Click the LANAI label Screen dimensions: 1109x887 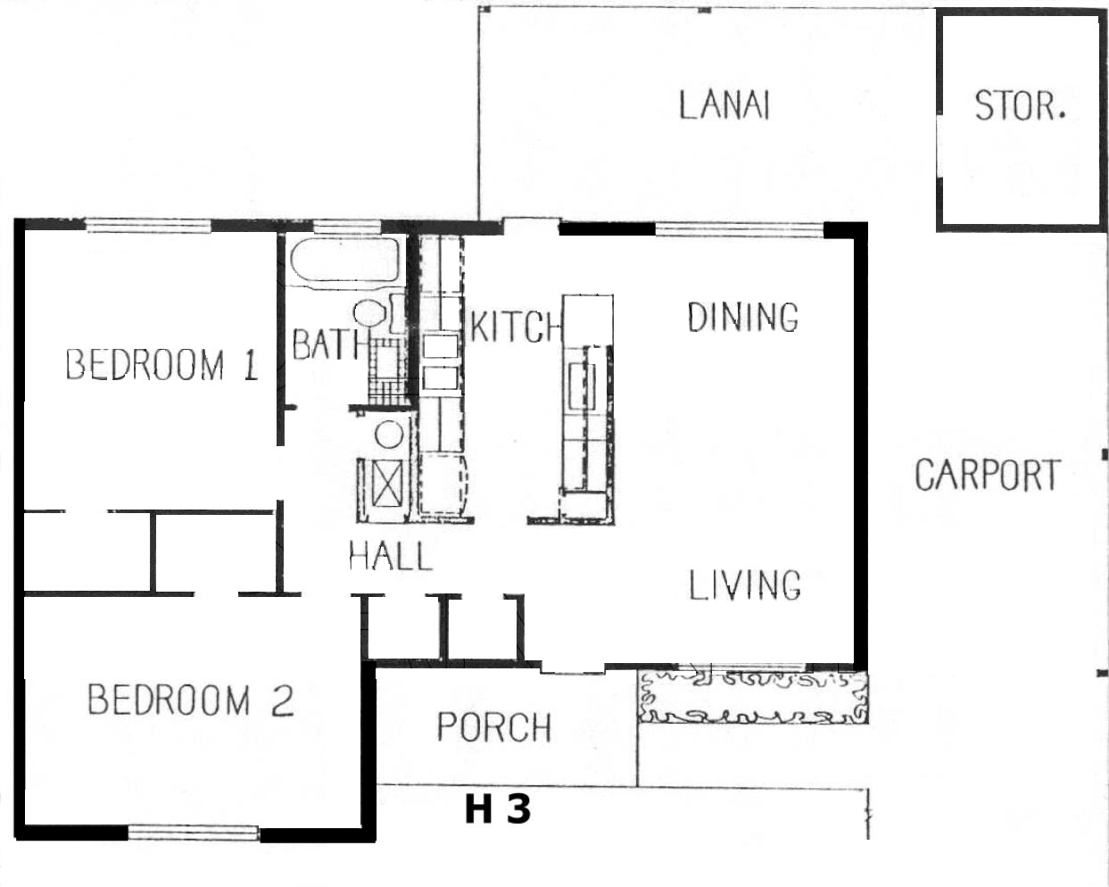pyautogui.click(x=724, y=105)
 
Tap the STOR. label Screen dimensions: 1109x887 pyautogui.click(x=1020, y=105)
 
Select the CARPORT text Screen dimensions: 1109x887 pyautogui.click(x=988, y=475)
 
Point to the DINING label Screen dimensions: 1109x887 pyautogui.click(x=743, y=317)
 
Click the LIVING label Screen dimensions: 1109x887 pyautogui.click(x=745, y=585)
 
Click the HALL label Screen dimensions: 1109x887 pyautogui.click(x=391, y=556)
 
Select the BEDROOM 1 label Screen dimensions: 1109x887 pyautogui.click(x=162, y=365)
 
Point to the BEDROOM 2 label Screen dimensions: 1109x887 pyautogui.click(x=191, y=700)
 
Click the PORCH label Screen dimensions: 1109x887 pyautogui.click(x=494, y=727)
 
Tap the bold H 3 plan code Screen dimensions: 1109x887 pyautogui.click(x=498, y=809)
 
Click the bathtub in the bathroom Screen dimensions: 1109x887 pyautogui.click(x=345, y=261)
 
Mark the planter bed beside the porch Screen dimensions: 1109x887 pyautogui.click(x=753, y=697)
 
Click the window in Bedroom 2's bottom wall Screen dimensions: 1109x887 pyautogui.click(x=194, y=833)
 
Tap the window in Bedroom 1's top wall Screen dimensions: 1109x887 pyautogui.click(x=148, y=226)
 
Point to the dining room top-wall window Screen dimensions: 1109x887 pyautogui.click(x=740, y=229)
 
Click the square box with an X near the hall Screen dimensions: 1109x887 pyautogui.click(x=387, y=484)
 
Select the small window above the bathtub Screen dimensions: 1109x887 pyautogui.click(x=347, y=227)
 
